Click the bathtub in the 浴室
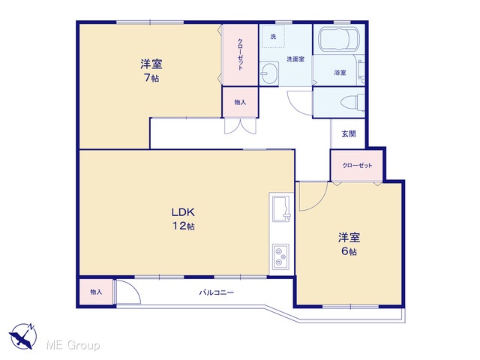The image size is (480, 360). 338,40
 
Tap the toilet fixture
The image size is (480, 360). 352,102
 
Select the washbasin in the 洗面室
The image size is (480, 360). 269,73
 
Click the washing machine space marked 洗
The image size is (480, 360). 273,37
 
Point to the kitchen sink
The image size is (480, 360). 281,209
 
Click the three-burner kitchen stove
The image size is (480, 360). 280,256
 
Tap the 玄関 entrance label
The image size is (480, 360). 349,133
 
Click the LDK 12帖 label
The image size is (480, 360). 183,219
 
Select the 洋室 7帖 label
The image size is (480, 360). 151,70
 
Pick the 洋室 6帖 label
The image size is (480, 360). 349,244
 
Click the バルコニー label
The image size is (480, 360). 217,292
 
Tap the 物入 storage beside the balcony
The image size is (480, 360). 96,292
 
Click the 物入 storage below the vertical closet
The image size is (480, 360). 240,102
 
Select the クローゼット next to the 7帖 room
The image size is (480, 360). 240,55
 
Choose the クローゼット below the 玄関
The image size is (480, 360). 357,165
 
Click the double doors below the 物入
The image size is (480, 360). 240,126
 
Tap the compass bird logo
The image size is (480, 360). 22,336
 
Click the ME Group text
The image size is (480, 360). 73,345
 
